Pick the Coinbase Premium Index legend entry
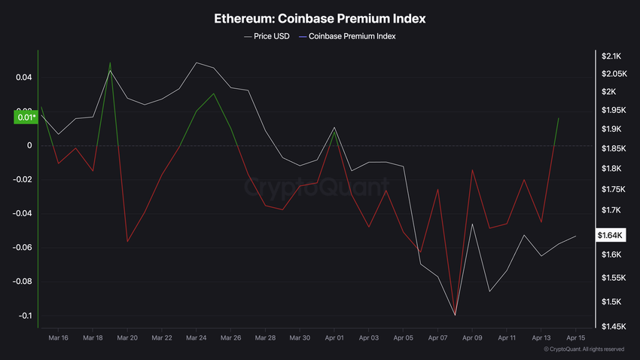(352, 35)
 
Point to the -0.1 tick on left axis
(24, 316)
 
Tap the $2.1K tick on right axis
(611, 56)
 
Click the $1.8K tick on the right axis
(611, 168)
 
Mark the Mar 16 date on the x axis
(58, 338)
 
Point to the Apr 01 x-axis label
(335, 338)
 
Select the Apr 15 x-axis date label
(576, 338)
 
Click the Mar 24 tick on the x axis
(196, 338)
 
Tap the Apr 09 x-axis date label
(473, 338)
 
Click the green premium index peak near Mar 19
(110, 63)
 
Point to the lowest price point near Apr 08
(455, 315)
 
